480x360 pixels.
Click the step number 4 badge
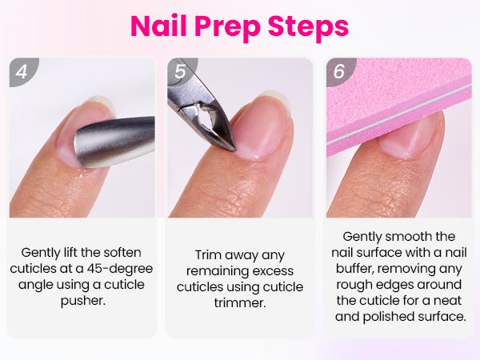coord(22,71)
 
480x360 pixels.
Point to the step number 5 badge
coord(180,71)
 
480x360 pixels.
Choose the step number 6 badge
coord(338,71)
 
